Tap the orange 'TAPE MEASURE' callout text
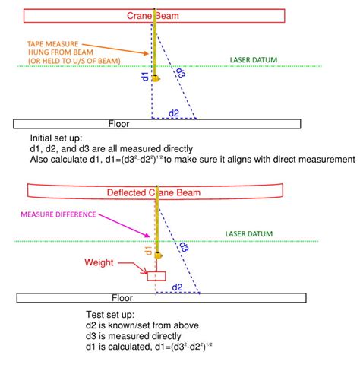tap(58, 44)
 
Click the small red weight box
tap(156, 276)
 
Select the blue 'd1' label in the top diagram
tap(146, 78)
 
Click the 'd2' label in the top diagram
tap(174, 114)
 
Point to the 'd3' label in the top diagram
tap(180, 74)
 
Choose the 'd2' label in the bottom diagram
tap(177, 287)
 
